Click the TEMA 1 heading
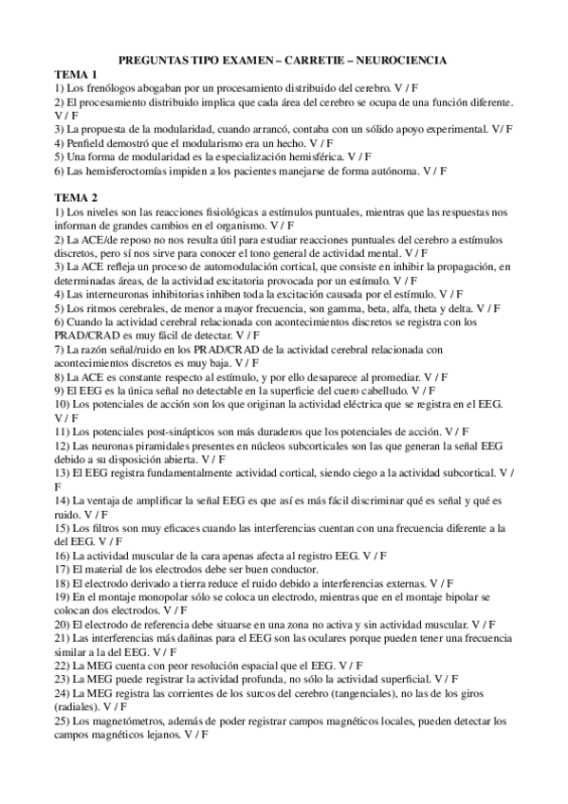coord(76,74)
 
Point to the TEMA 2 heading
coord(76,196)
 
